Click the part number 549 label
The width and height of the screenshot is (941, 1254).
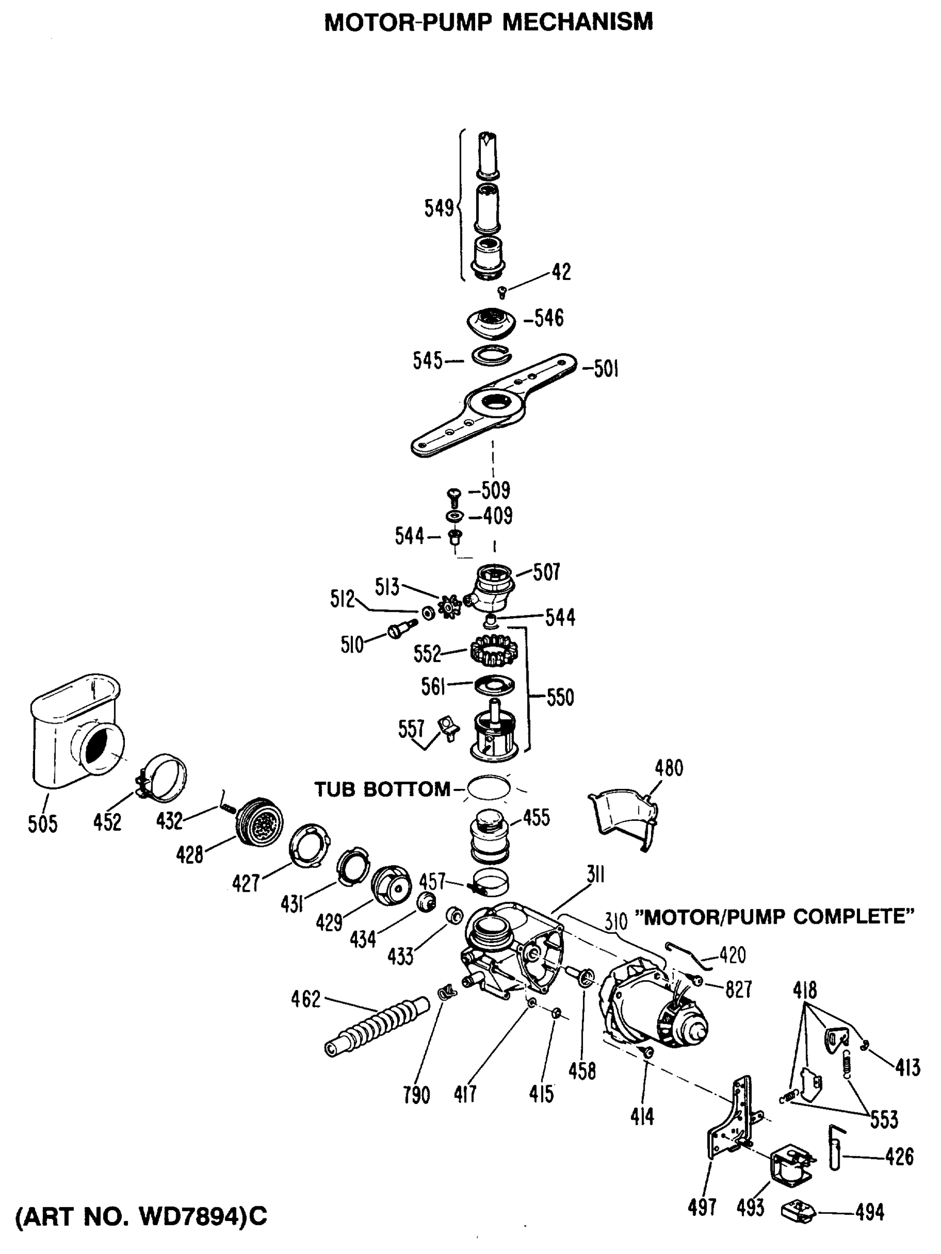(x=439, y=208)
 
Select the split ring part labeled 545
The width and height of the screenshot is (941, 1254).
(x=491, y=356)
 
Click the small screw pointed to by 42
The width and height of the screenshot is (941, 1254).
(x=501, y=293)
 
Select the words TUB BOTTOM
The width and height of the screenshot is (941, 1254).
(x=382, y=789)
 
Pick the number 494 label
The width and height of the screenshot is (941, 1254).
(x=869, y=1213)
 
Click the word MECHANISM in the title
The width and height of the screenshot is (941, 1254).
(x=578, y=21)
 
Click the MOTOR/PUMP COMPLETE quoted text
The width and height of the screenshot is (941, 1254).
(x=774, y=916)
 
